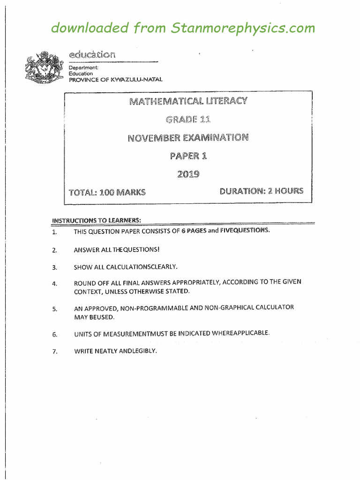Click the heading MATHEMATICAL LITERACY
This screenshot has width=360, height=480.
[x=188, y=101]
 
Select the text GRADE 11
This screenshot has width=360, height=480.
[x=188, y=120]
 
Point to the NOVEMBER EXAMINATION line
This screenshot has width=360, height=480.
[x=188, y=138]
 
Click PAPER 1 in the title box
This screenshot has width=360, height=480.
[x=188, y=156]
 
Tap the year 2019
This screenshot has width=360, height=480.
[x=188, y=174]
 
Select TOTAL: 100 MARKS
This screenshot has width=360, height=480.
[x=107, y=192]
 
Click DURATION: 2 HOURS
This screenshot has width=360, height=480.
[x=261, y=191]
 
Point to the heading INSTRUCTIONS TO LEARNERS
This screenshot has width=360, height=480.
[x=96, y=220]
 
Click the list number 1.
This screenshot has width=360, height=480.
[x=54, y=232]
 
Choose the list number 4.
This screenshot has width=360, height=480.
[x=54, y=284]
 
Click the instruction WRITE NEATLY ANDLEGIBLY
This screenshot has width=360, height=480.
[x=115, y=351]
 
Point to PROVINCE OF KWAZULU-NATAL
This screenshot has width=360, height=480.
[x=115, y=80]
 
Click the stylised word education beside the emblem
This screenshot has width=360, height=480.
[x=91, y=54]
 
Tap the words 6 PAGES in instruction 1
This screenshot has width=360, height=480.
[x=193, y=231]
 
